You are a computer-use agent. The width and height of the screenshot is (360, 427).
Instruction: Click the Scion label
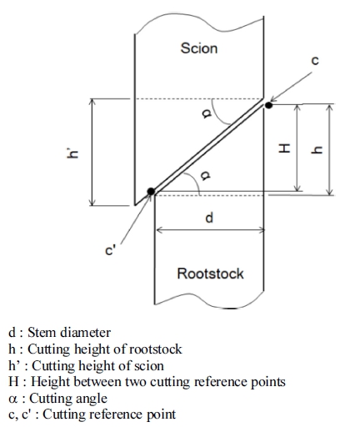tap(199, 48)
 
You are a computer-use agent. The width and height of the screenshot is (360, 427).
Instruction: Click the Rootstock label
tap(210, 274)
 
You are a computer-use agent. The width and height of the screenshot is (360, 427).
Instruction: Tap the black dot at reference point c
tap(268, 105)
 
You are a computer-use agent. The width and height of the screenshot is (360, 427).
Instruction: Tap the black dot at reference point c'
tap(151, 191)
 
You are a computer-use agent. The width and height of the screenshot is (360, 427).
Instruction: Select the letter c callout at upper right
tap(315, 60)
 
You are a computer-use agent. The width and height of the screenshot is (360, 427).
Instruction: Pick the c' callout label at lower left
tap(110, 250)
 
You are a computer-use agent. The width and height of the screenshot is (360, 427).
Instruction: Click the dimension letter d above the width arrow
tap(209, 218)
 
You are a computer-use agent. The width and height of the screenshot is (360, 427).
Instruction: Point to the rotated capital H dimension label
tap(284, 148)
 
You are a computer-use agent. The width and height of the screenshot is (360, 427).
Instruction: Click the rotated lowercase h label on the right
tap(317, 150)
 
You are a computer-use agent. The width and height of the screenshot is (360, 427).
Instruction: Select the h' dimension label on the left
tap(72, 153)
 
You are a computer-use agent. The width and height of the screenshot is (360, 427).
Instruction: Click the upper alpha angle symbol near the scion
tap(207, 113)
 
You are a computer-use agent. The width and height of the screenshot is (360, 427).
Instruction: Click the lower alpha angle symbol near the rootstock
tap(206, 175)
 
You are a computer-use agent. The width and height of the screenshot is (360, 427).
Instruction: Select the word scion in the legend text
tap(149, 366)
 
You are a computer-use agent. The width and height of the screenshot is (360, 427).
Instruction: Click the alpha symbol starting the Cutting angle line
tap(12, 399)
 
